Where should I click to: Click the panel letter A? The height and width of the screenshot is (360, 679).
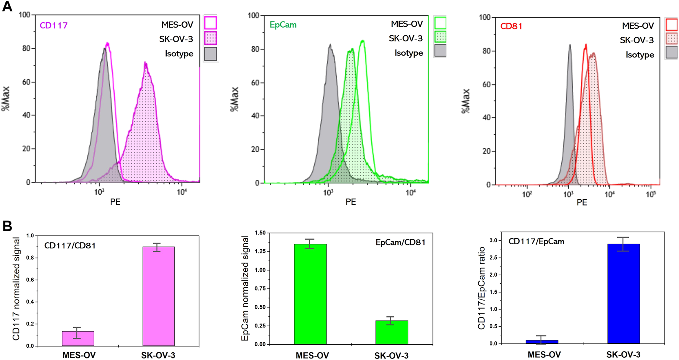click(7, 7)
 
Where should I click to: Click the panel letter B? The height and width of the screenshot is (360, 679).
click(7, 226)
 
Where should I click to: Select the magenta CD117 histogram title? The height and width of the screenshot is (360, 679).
click(54, 26)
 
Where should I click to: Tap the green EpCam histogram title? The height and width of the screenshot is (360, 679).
click(283, 25)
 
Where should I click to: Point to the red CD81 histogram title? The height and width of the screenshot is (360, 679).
click(511, 26)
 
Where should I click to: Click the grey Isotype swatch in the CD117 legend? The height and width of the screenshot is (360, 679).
click(210, 54)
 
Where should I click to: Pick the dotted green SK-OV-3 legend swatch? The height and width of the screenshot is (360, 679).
click(440, 37)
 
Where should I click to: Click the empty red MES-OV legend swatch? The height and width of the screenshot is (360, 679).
click(672, 25)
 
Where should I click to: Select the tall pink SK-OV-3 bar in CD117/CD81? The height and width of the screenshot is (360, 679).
click(158, 296)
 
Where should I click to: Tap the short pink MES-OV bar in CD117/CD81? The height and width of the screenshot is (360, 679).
click(78, 339)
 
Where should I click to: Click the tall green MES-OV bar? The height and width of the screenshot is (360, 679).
click(310, 294)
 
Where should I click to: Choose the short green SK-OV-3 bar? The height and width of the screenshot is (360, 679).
click(391, 332)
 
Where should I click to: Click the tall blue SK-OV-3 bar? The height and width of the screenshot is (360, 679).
click(623, 294)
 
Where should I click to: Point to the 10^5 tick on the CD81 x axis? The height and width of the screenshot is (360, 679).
click(651, 194)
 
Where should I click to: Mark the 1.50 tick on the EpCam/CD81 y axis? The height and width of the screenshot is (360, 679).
click(260, 233)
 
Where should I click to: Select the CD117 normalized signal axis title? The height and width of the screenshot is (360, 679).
click(16, 288)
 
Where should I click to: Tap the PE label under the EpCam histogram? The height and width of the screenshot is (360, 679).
click(350, 202)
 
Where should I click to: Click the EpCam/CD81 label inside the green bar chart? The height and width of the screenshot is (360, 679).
click(400, 242)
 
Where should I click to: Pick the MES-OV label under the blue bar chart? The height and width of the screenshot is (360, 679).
click(544, 355)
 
